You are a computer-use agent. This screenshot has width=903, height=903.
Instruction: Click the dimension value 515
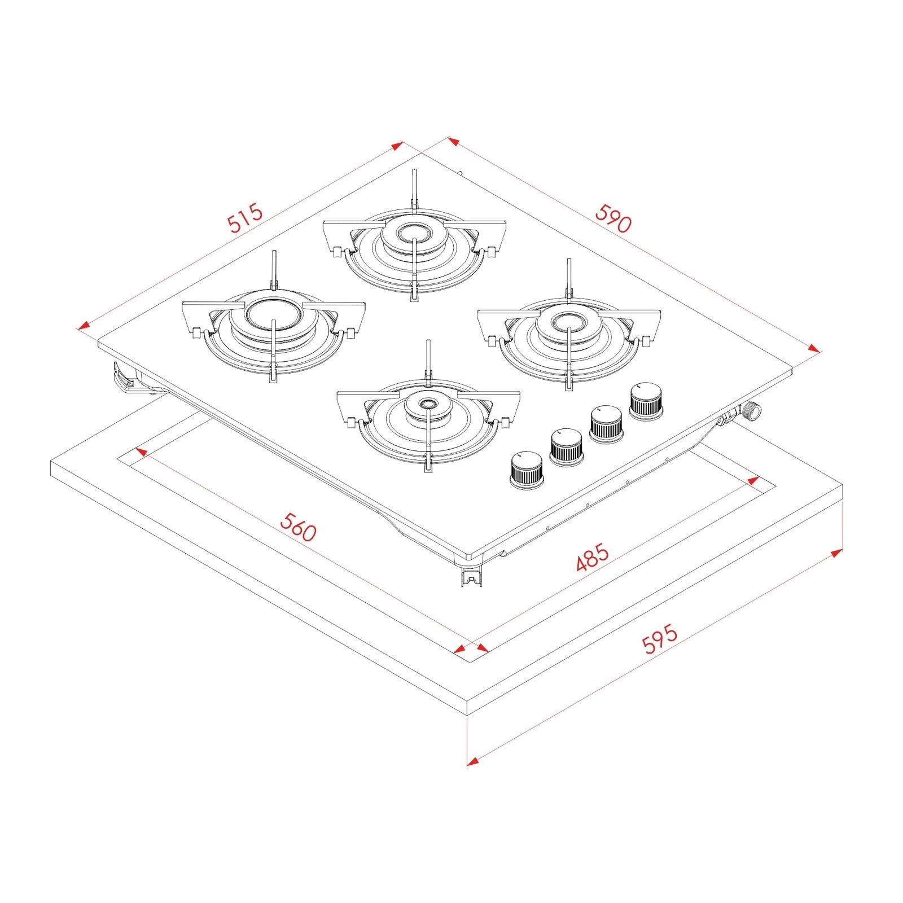246,217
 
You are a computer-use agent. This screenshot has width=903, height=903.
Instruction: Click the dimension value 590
613,218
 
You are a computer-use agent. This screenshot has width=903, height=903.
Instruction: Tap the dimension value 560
299,527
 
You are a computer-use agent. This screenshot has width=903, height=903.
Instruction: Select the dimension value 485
592,556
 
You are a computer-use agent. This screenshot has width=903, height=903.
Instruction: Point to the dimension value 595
660,639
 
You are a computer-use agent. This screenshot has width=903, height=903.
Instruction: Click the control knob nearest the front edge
526,468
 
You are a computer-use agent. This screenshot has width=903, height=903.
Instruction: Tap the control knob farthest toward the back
646,400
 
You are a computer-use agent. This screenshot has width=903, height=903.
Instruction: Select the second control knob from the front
566,446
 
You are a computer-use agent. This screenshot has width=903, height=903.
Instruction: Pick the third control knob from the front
606,423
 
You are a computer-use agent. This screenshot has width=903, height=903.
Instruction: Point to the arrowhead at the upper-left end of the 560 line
140,451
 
